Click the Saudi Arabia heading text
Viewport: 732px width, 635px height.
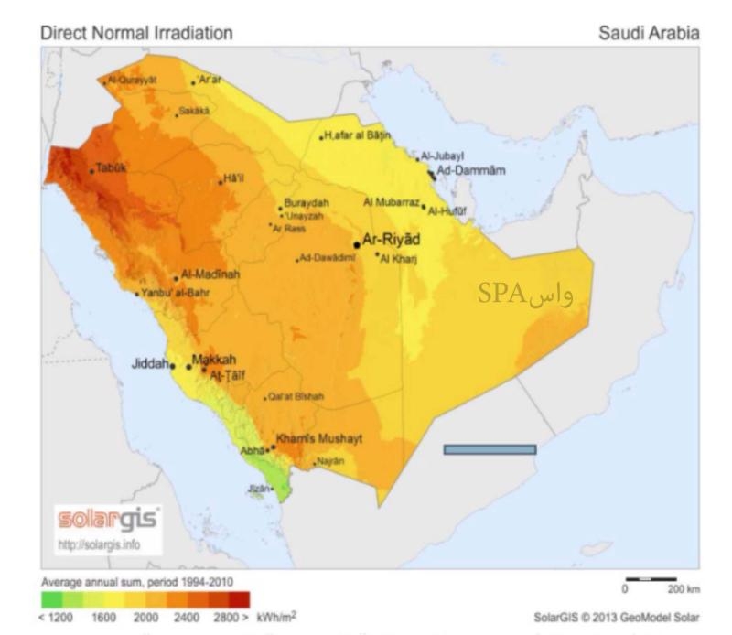(x=649, y=33)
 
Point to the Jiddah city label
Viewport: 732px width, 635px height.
(x=150, y=363)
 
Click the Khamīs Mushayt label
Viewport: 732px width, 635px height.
(x=318, y=439)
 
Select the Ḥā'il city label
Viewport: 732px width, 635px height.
(x=235, y=178)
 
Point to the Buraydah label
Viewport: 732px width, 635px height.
(x=306, y=202)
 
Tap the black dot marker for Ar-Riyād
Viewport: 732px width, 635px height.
(x=356, y=244)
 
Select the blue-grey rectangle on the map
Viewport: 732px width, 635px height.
(x=490, y=449)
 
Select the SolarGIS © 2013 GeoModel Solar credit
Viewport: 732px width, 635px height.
(x=617, y=619)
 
